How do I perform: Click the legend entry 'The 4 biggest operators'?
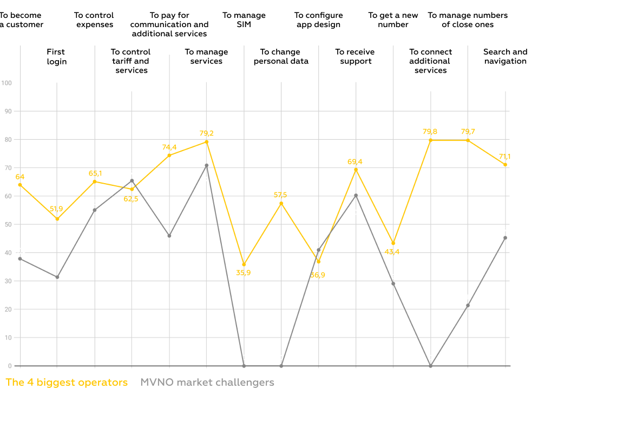click(67, 382)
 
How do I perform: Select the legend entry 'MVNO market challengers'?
click(207, 382)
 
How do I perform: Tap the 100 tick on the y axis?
click(6, 83)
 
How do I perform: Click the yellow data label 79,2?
click(206, 133)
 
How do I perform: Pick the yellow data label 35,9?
click(244, 273)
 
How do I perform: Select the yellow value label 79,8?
click(430, 131)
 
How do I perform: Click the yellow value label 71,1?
click(504, 157)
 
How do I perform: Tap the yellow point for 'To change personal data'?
click(281, 203)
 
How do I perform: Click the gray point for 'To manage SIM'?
click(244, 366)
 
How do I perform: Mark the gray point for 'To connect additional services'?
click(430, 366)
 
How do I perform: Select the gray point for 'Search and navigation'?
click(505, 238)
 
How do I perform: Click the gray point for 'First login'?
click(57, 277)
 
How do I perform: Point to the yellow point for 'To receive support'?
click(356, 170)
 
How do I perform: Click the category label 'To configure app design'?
click(318, 20)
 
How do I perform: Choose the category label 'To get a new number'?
click(393, 20)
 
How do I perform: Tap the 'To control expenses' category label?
click(94, 20)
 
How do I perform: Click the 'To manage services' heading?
click(206, 56)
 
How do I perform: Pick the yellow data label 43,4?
click(392, 252)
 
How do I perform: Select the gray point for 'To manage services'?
click(206, 165)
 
